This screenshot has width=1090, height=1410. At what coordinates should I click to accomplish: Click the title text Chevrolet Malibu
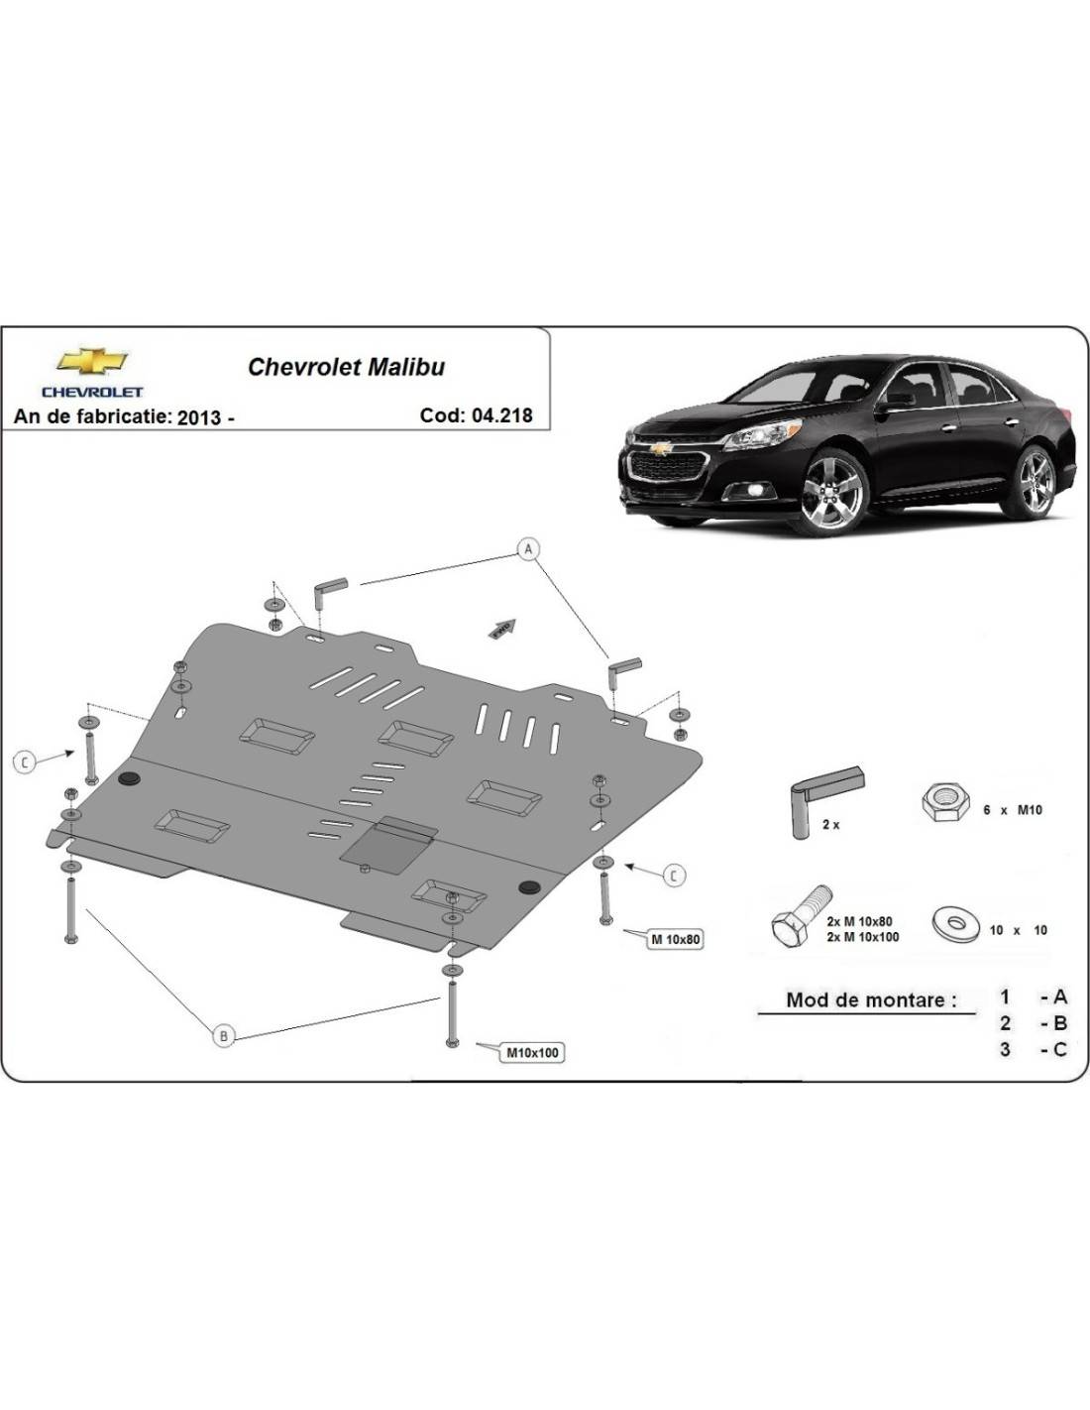(x=346, y=367)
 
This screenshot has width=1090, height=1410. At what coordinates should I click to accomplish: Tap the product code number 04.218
(x=501, y=415)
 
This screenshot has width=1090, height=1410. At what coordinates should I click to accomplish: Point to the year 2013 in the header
(x=199, y=417)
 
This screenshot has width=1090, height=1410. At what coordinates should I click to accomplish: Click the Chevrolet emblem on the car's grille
(x=660, y=448)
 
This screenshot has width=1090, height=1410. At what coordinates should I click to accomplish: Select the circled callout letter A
(x=528, y=549)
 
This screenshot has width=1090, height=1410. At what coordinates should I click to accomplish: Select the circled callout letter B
(x=224, y=1036)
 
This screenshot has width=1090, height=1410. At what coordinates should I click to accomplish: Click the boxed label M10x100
(x=532, y=1052)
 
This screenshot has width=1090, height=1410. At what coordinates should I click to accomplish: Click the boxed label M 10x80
(x=676, y=938)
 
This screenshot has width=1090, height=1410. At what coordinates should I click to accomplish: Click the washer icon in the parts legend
(x=956, y=925)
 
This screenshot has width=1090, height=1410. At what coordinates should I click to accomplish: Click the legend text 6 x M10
(x=1012, y=810)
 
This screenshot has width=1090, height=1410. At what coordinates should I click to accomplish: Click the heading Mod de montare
(x=871, y=999)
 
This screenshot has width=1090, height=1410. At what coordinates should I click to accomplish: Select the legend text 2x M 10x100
(x=862, y=937)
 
